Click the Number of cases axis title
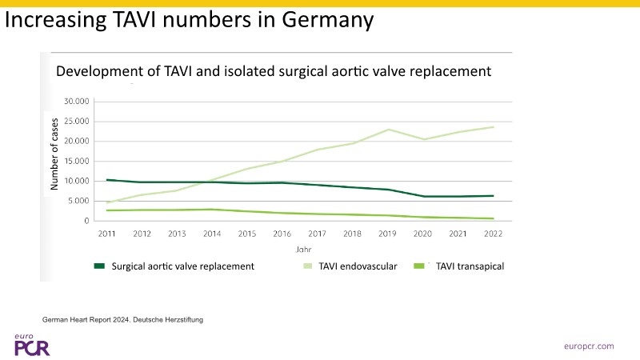(54, 153)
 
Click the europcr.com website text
(588, 346)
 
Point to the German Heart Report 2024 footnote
(123, 320)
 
